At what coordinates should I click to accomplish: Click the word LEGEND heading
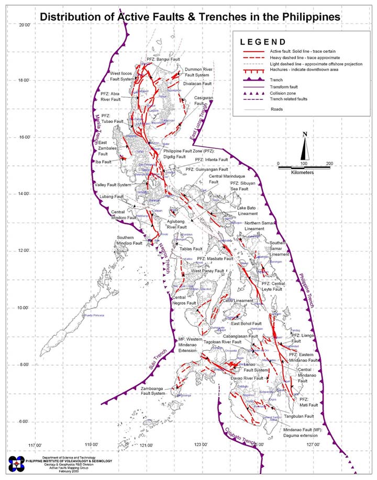[x=263, y=42]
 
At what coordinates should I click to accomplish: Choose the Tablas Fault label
[x=191, y=249]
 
